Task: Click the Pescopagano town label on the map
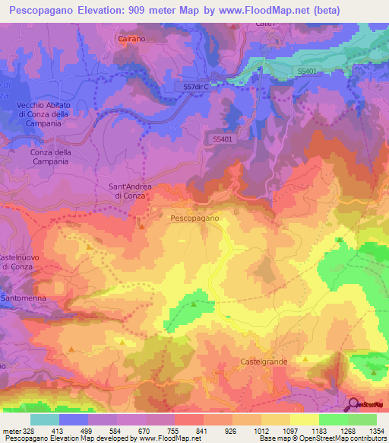[194, 218]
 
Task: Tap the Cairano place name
[131, 38]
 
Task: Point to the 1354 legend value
[376, 431]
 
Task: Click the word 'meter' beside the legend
[11, 431]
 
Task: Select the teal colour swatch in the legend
[45, 419]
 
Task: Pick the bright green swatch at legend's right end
[362, 419]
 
